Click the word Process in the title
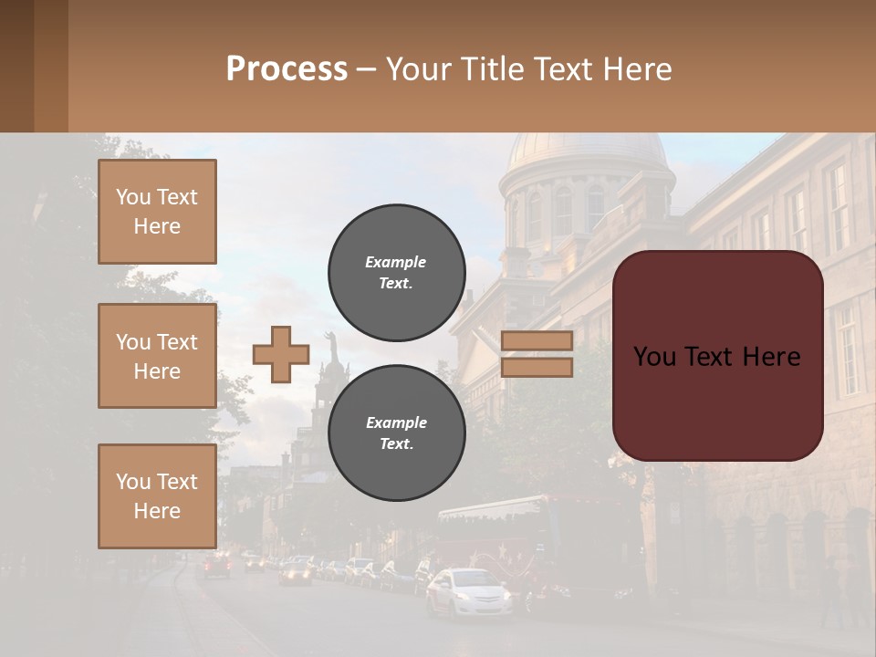coord(287,68)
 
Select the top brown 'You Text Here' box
coord(157,212)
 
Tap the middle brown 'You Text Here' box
coord(157,356)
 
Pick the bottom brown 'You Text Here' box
coord(157,496)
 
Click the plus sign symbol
coord(281,354)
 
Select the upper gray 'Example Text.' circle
coord(397,273)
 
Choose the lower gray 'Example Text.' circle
coord(397,433)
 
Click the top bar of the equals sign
coord(537,340)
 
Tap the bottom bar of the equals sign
coord(537,367)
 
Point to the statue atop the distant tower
coord(332,347)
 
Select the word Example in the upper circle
coord(396,262)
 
